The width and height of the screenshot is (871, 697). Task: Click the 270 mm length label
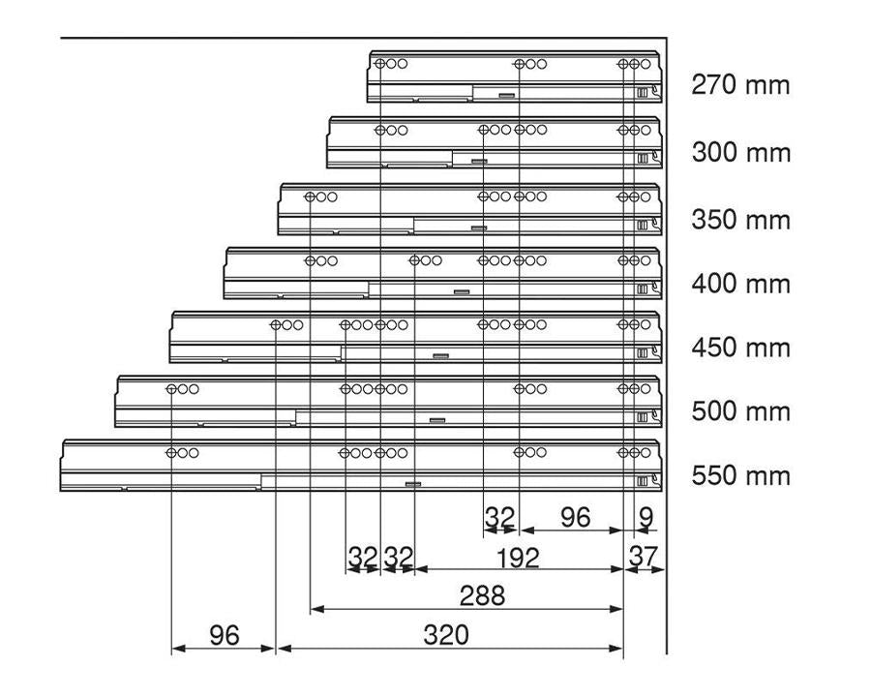[740, 85]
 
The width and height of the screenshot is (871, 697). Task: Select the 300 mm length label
[740, 152]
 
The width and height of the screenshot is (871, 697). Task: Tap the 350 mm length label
[740, 220]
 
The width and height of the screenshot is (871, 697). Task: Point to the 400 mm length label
[740, 284]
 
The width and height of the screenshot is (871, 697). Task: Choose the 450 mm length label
[740, 348]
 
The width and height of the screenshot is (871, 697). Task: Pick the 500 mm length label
[740, 411]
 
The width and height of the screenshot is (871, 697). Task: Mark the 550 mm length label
[740, 475]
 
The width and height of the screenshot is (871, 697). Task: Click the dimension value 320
[446, 635]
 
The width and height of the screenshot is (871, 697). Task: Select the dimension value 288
[482, 595]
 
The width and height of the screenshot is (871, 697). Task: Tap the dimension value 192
[517, 558]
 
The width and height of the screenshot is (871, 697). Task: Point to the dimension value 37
[644, 557]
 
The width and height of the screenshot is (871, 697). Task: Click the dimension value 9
[646, 518]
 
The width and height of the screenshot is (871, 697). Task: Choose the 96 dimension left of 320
[225, 635]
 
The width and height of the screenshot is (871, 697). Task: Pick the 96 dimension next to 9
[575, 518]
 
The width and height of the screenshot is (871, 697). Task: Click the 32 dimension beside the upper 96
[500, 518]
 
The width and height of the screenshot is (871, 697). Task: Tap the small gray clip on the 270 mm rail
[506, 96]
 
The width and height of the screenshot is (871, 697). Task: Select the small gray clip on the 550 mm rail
[413, 484]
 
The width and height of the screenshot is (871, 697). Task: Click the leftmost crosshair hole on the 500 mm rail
[171, 389]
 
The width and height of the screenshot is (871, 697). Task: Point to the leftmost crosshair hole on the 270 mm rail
[380, 64]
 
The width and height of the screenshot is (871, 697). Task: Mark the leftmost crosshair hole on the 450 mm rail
[276, 325]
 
